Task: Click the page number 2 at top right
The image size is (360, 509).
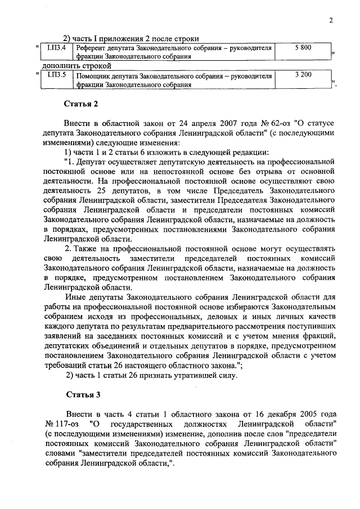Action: point(331,21)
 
